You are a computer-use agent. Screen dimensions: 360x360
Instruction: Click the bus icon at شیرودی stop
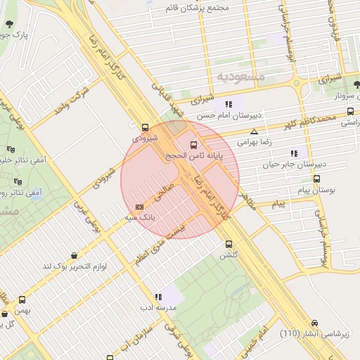(x=145, y=128)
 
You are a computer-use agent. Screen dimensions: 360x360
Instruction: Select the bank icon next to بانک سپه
(x=139, y=207)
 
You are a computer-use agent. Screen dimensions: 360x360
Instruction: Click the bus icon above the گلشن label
(x=228, y=244)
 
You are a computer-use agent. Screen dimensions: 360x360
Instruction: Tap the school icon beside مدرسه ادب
(x=158, y=297)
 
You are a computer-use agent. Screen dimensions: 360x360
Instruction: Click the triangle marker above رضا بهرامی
(x=254, y=131)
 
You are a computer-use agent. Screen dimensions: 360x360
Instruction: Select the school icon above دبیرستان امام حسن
(x=229, y=104)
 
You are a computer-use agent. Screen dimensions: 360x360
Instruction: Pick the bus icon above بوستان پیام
(x=316, y=179)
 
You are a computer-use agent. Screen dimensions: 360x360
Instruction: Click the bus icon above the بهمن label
(x=22, y=300)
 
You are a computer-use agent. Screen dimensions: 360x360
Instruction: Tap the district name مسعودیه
(x=240, y=75)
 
